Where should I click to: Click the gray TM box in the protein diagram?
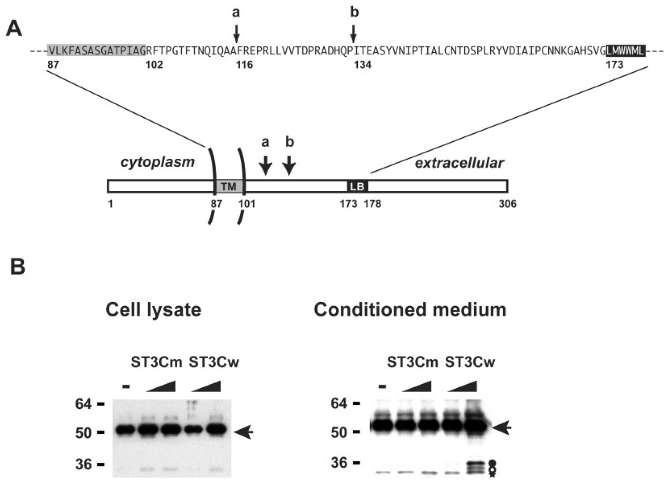(229, 186)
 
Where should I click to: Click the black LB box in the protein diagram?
(357, 186)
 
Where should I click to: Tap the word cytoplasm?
(158, 162)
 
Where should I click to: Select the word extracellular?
(459, 164)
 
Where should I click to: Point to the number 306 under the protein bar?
(507, 204)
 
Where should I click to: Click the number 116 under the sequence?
(244, 65)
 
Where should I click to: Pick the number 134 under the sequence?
(362, 65)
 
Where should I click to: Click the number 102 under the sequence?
(154, 65)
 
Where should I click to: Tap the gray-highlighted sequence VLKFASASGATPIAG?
(96, 51)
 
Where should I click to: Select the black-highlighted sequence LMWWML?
(625, 51)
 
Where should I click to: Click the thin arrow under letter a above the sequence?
(237, 33)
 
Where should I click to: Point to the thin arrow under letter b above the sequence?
(353, 33)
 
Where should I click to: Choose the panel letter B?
(17, 267)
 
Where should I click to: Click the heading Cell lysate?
(153, 310)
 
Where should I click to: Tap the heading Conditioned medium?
(410, 310)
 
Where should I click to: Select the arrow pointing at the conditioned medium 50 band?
(501, 427)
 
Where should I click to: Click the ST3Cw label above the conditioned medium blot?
(470, 363)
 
